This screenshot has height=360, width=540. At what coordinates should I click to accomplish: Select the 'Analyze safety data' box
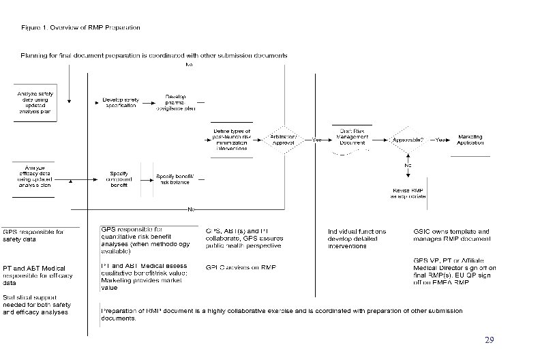(35, 104)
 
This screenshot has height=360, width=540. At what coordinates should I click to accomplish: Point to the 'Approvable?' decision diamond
(408, 140)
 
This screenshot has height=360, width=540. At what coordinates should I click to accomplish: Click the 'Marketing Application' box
(470, 140)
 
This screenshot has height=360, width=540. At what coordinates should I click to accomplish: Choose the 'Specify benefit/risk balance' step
(175, 179)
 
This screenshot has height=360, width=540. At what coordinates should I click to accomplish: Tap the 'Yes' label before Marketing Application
(441, 139)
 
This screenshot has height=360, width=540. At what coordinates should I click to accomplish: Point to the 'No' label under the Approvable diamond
(408, 166)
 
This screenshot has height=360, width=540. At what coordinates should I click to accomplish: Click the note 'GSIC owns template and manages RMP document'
(451, 235)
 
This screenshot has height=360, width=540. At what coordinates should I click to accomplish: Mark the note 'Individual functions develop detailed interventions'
(357, 239)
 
